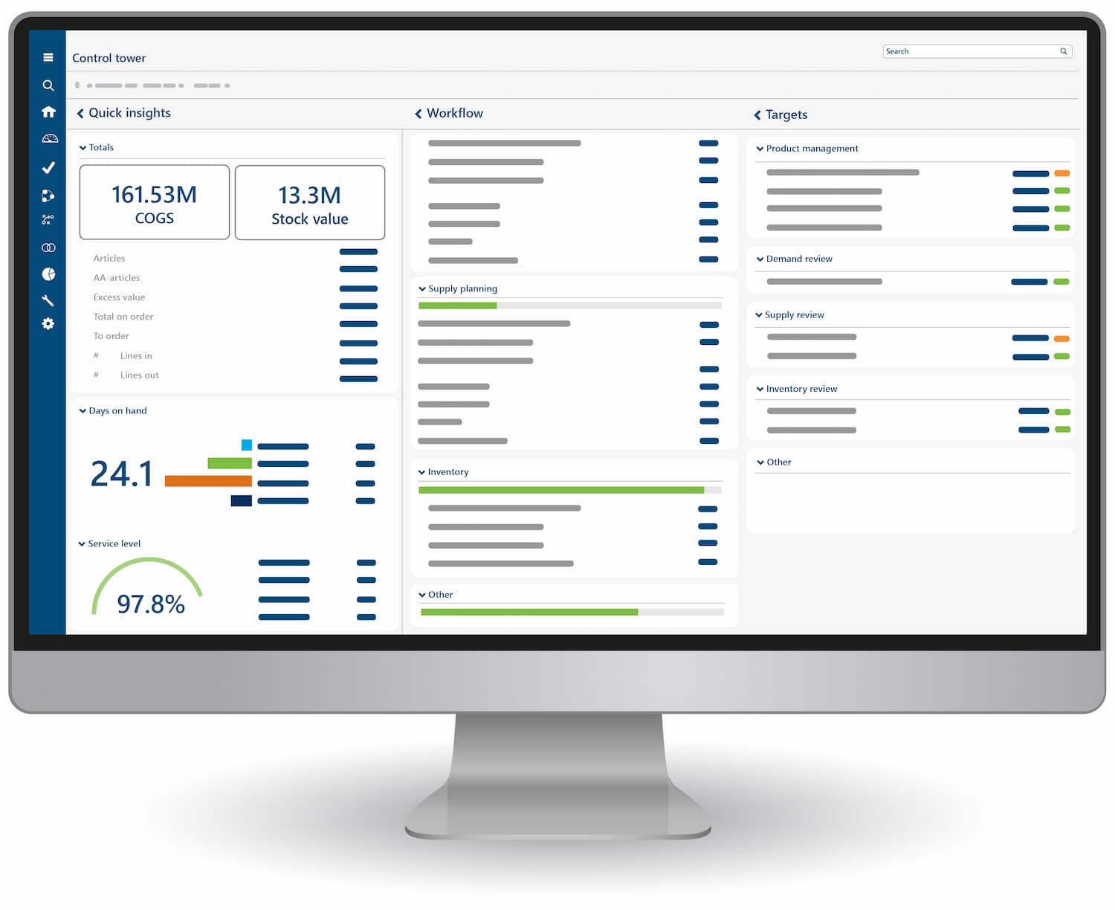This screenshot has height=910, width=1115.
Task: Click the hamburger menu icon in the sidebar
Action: (48, 57)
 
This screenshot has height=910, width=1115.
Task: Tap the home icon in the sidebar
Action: (48, 112)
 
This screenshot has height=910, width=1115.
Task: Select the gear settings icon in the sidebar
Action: (48, 323)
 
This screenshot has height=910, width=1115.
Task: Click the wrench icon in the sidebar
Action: (48, 300)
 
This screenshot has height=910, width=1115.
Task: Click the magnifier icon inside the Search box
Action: (1064, 51)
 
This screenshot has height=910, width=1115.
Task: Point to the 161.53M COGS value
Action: (154, 195)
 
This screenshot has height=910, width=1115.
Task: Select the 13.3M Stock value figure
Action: (309, 196)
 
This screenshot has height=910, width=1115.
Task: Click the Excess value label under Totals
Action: (119, 297)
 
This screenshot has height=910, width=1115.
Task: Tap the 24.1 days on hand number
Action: (121, 474)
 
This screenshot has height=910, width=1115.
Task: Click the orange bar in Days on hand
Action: (208, 481)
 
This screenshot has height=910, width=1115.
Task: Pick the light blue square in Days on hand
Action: (247, 445)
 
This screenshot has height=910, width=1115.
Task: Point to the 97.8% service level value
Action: (151, 604)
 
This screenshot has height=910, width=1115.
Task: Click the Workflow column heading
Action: (454, 113)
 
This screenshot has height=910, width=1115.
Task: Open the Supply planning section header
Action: (462, 288)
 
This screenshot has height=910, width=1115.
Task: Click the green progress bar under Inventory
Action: (560, 490)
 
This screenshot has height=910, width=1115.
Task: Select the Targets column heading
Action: (786, 114)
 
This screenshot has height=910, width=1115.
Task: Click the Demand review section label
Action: (799, 259)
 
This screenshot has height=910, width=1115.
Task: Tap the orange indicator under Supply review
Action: (1061, 338)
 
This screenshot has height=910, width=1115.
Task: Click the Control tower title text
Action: (109, 58)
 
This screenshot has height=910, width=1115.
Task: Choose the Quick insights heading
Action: (129, 113)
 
